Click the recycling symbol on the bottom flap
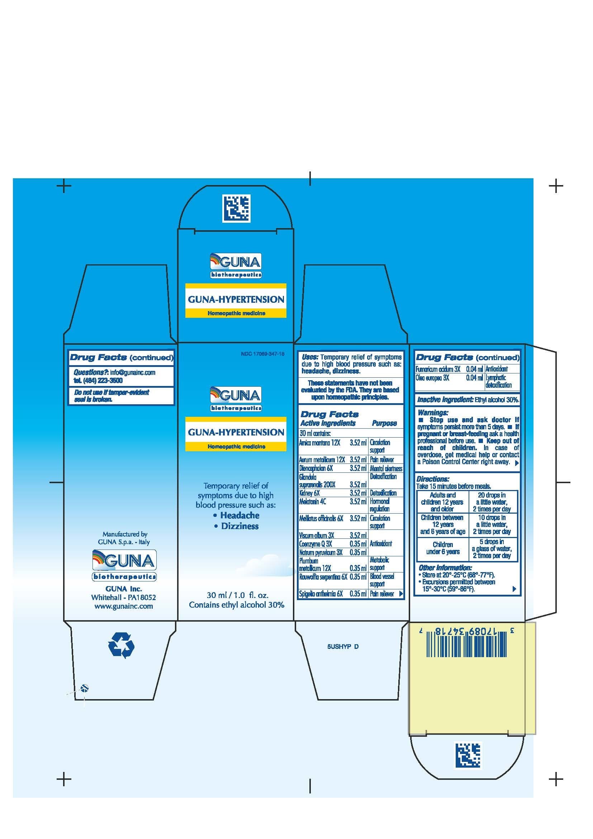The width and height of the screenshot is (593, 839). pos(121,645)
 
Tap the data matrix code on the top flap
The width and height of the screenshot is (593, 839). pos(236,209)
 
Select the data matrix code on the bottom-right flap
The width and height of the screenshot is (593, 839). pos(468,755)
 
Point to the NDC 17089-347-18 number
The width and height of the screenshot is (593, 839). pos(262,354)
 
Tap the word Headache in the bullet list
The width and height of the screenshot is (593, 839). pos(240,515)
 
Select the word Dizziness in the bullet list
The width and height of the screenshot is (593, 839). pos(240,526)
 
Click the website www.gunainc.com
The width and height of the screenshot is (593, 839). pos(123,606)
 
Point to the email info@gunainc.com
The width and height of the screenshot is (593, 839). pos(133,372)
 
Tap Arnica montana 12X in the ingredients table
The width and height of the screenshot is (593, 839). pos(319,443)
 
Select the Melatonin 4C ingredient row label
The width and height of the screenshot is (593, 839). pos(313,502)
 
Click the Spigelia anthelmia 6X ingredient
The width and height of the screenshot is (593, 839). pos(321,594)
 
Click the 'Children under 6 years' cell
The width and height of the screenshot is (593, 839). pos(442,548)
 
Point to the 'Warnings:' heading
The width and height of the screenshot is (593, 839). pos(433,413)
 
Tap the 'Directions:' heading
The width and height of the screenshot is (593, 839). pos(433,479)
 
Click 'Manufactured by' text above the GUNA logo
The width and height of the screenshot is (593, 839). pos(125,534)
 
